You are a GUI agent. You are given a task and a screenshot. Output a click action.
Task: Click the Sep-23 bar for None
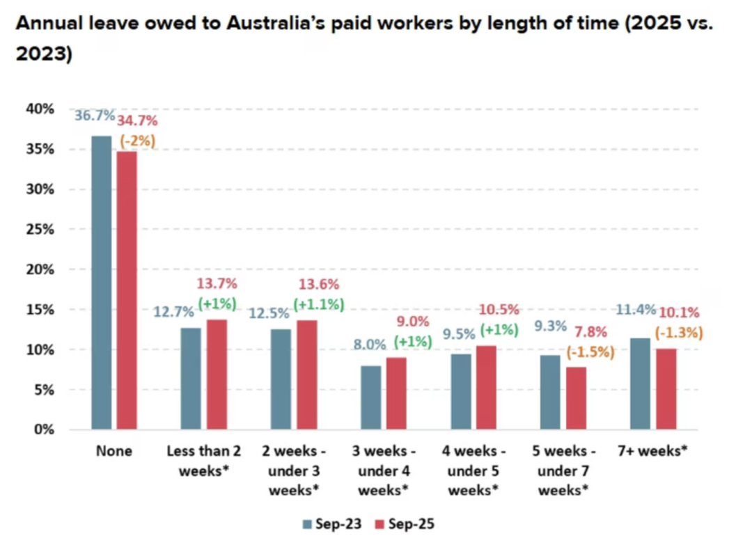101,283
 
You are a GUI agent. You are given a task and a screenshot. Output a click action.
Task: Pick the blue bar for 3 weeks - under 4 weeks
370,398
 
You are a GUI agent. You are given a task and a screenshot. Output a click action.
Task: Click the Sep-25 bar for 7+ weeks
666,388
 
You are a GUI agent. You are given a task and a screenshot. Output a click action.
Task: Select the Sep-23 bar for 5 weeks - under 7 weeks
550,392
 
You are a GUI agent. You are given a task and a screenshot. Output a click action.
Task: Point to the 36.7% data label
95,116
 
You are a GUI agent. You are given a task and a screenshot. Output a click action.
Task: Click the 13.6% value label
318,284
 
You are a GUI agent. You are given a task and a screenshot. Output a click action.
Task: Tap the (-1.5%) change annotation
590,352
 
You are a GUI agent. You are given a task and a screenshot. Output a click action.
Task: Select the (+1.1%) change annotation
319,304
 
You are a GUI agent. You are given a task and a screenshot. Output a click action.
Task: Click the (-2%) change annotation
137,141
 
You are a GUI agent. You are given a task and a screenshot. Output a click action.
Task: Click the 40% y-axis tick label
40,109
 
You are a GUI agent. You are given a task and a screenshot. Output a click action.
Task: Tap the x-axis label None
114,451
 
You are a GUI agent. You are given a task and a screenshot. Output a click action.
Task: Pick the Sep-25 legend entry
405,524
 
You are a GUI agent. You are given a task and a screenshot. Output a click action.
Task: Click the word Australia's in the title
278,24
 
